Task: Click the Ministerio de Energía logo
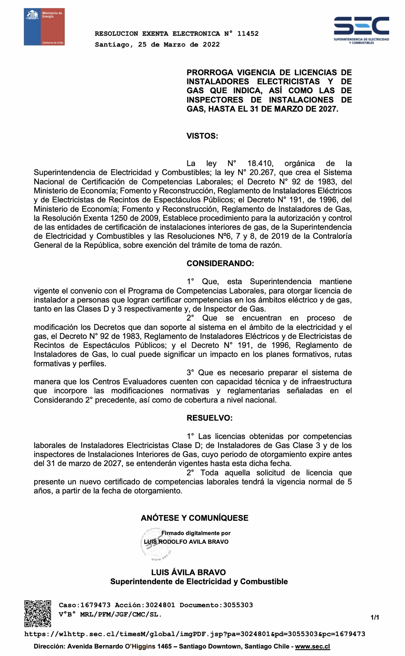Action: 44,27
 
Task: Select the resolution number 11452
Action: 248,33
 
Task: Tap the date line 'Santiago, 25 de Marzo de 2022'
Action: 157,44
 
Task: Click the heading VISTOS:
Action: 202,136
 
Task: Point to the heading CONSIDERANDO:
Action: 220,263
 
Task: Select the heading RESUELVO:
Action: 210,418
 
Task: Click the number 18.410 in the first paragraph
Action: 260,163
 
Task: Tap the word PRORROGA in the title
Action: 209,72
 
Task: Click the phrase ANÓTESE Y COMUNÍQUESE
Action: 194,518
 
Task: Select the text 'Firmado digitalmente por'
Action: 196,533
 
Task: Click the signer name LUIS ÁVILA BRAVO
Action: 188,572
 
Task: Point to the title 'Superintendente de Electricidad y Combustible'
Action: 199,582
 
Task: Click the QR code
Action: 38,613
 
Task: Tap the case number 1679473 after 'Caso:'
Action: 95,605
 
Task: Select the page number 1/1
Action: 375,617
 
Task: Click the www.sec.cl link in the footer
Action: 312,646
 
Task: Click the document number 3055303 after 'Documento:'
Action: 238,605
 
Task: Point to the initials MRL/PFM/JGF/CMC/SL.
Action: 121,614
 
